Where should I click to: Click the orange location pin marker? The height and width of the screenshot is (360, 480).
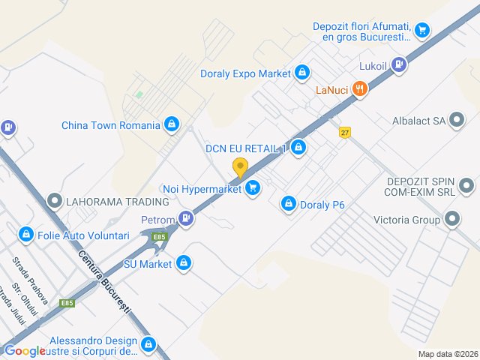(x=240, y=168)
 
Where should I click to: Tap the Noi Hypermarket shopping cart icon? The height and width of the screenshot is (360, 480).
(x=253, y=189)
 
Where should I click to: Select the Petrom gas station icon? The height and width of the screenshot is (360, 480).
(x=185, y=220)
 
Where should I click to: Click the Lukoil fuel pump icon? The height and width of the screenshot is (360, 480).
(x=399, y=65)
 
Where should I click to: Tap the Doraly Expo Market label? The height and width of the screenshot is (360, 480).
(x=245, y=73)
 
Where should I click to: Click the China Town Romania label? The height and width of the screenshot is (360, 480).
(x=111, y=125)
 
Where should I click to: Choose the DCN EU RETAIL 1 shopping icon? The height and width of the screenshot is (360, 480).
(x=298, y=147)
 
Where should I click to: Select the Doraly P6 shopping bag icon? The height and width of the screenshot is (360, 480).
(x=289, y=203)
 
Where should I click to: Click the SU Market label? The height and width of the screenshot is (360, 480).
(x=147, y=264)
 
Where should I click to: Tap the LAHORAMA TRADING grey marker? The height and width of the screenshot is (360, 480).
(x=55, y=201)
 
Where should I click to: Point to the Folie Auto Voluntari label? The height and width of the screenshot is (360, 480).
(x=83, y=235)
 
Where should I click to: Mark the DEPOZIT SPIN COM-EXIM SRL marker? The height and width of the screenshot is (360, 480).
(x=466, y=185)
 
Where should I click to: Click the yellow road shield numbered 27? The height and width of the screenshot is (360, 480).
(x=344, y=132)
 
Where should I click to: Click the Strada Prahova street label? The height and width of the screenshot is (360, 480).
(x=30, y=281)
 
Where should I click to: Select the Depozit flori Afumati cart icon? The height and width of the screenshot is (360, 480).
(x=422, y=31)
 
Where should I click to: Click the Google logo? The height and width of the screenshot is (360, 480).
(x=25, y=351)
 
